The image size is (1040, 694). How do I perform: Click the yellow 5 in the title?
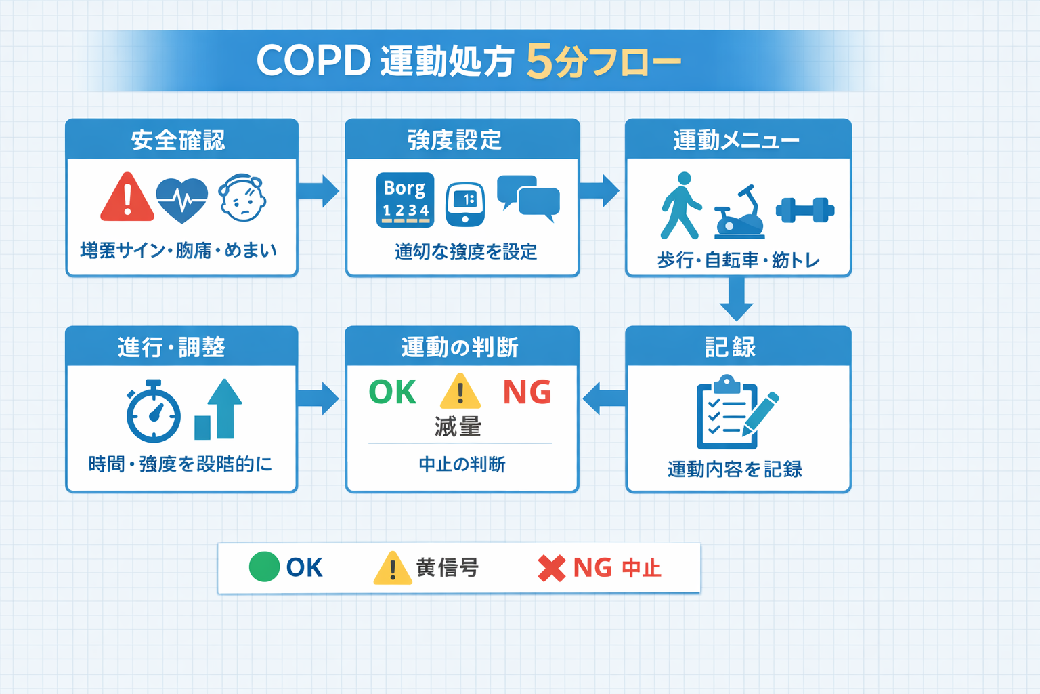click(x=540, y=61)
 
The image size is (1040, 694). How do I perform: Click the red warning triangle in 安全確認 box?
click(x=127, y=198)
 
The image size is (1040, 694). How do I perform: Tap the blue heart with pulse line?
click(x=181, y=199)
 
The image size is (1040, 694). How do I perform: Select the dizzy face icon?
click(x=242, y=198)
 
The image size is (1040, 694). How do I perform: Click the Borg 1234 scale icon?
click(x=405, y=200)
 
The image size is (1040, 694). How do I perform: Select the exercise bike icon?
click(x=739, y=213)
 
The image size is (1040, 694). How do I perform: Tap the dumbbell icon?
click(x=804, y=209)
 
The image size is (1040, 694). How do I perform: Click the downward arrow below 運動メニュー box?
click(x=737, y=299)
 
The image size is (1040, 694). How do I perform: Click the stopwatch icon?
click(x=154, y=411)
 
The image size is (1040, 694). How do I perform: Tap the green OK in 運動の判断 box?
click(x=392, y=392)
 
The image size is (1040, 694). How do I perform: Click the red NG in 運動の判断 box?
click(x=527, y=392)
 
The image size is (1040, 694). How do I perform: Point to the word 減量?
click(x=458, y=427)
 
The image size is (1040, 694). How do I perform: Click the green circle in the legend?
click(x=264, y=567)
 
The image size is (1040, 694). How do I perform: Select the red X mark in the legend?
click(x=551, y=568)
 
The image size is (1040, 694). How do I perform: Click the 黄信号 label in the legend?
click(x=448, y=567)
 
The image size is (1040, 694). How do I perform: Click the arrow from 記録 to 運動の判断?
click(x=604, y=398)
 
